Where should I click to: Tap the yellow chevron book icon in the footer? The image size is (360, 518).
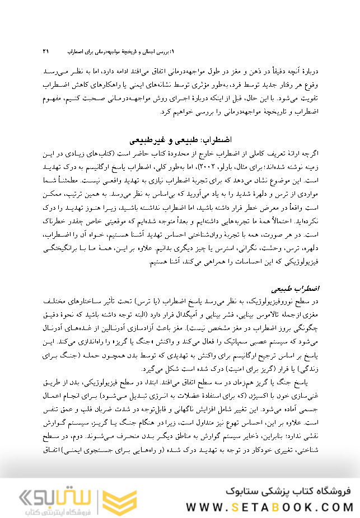coord(126,498)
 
